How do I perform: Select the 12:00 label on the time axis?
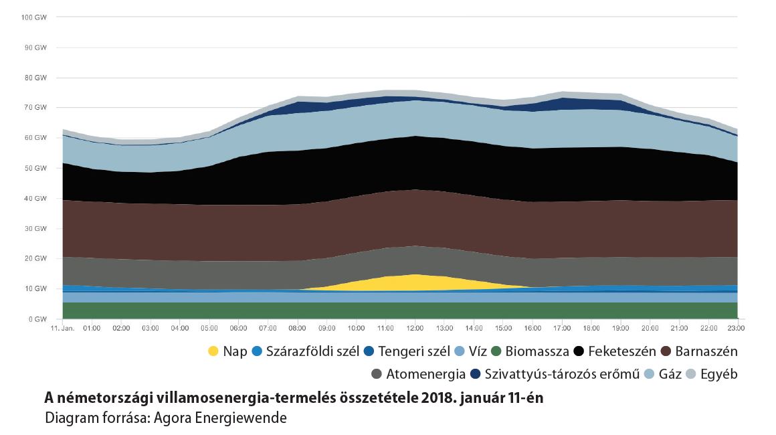pos(415,329)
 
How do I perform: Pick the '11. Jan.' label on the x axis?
pos(62,329)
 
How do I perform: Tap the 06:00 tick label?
pos(239,329)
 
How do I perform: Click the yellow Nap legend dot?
pos(213,351)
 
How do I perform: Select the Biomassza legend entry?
pos(537,351)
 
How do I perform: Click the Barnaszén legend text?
pos(706,351)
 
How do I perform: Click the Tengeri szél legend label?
pos(413,351)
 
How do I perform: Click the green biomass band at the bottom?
pos(401,311)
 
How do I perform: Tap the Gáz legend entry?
pos(670,374)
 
